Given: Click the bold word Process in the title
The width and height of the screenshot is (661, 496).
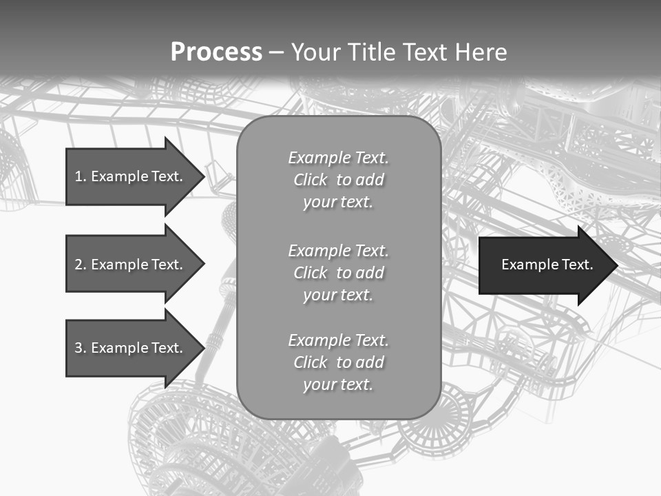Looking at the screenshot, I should tap(216, 52).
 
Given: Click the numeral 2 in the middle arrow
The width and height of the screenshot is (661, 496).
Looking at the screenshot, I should tap(78, 265).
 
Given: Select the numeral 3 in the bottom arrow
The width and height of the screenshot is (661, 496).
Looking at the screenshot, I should tap(78, 348).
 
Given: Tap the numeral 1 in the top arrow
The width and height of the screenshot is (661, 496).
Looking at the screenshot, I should tap(78, 176).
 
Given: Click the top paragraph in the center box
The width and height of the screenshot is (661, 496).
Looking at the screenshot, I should tap(339, 180).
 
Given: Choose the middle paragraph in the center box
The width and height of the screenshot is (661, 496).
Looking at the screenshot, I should tap(339, 273).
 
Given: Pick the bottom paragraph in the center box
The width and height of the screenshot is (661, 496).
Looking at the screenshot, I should tap(339, 362).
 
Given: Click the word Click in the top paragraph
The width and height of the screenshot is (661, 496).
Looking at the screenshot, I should tap(311, 180).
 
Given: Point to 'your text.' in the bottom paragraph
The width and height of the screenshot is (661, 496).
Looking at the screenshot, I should tap(338, 384).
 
